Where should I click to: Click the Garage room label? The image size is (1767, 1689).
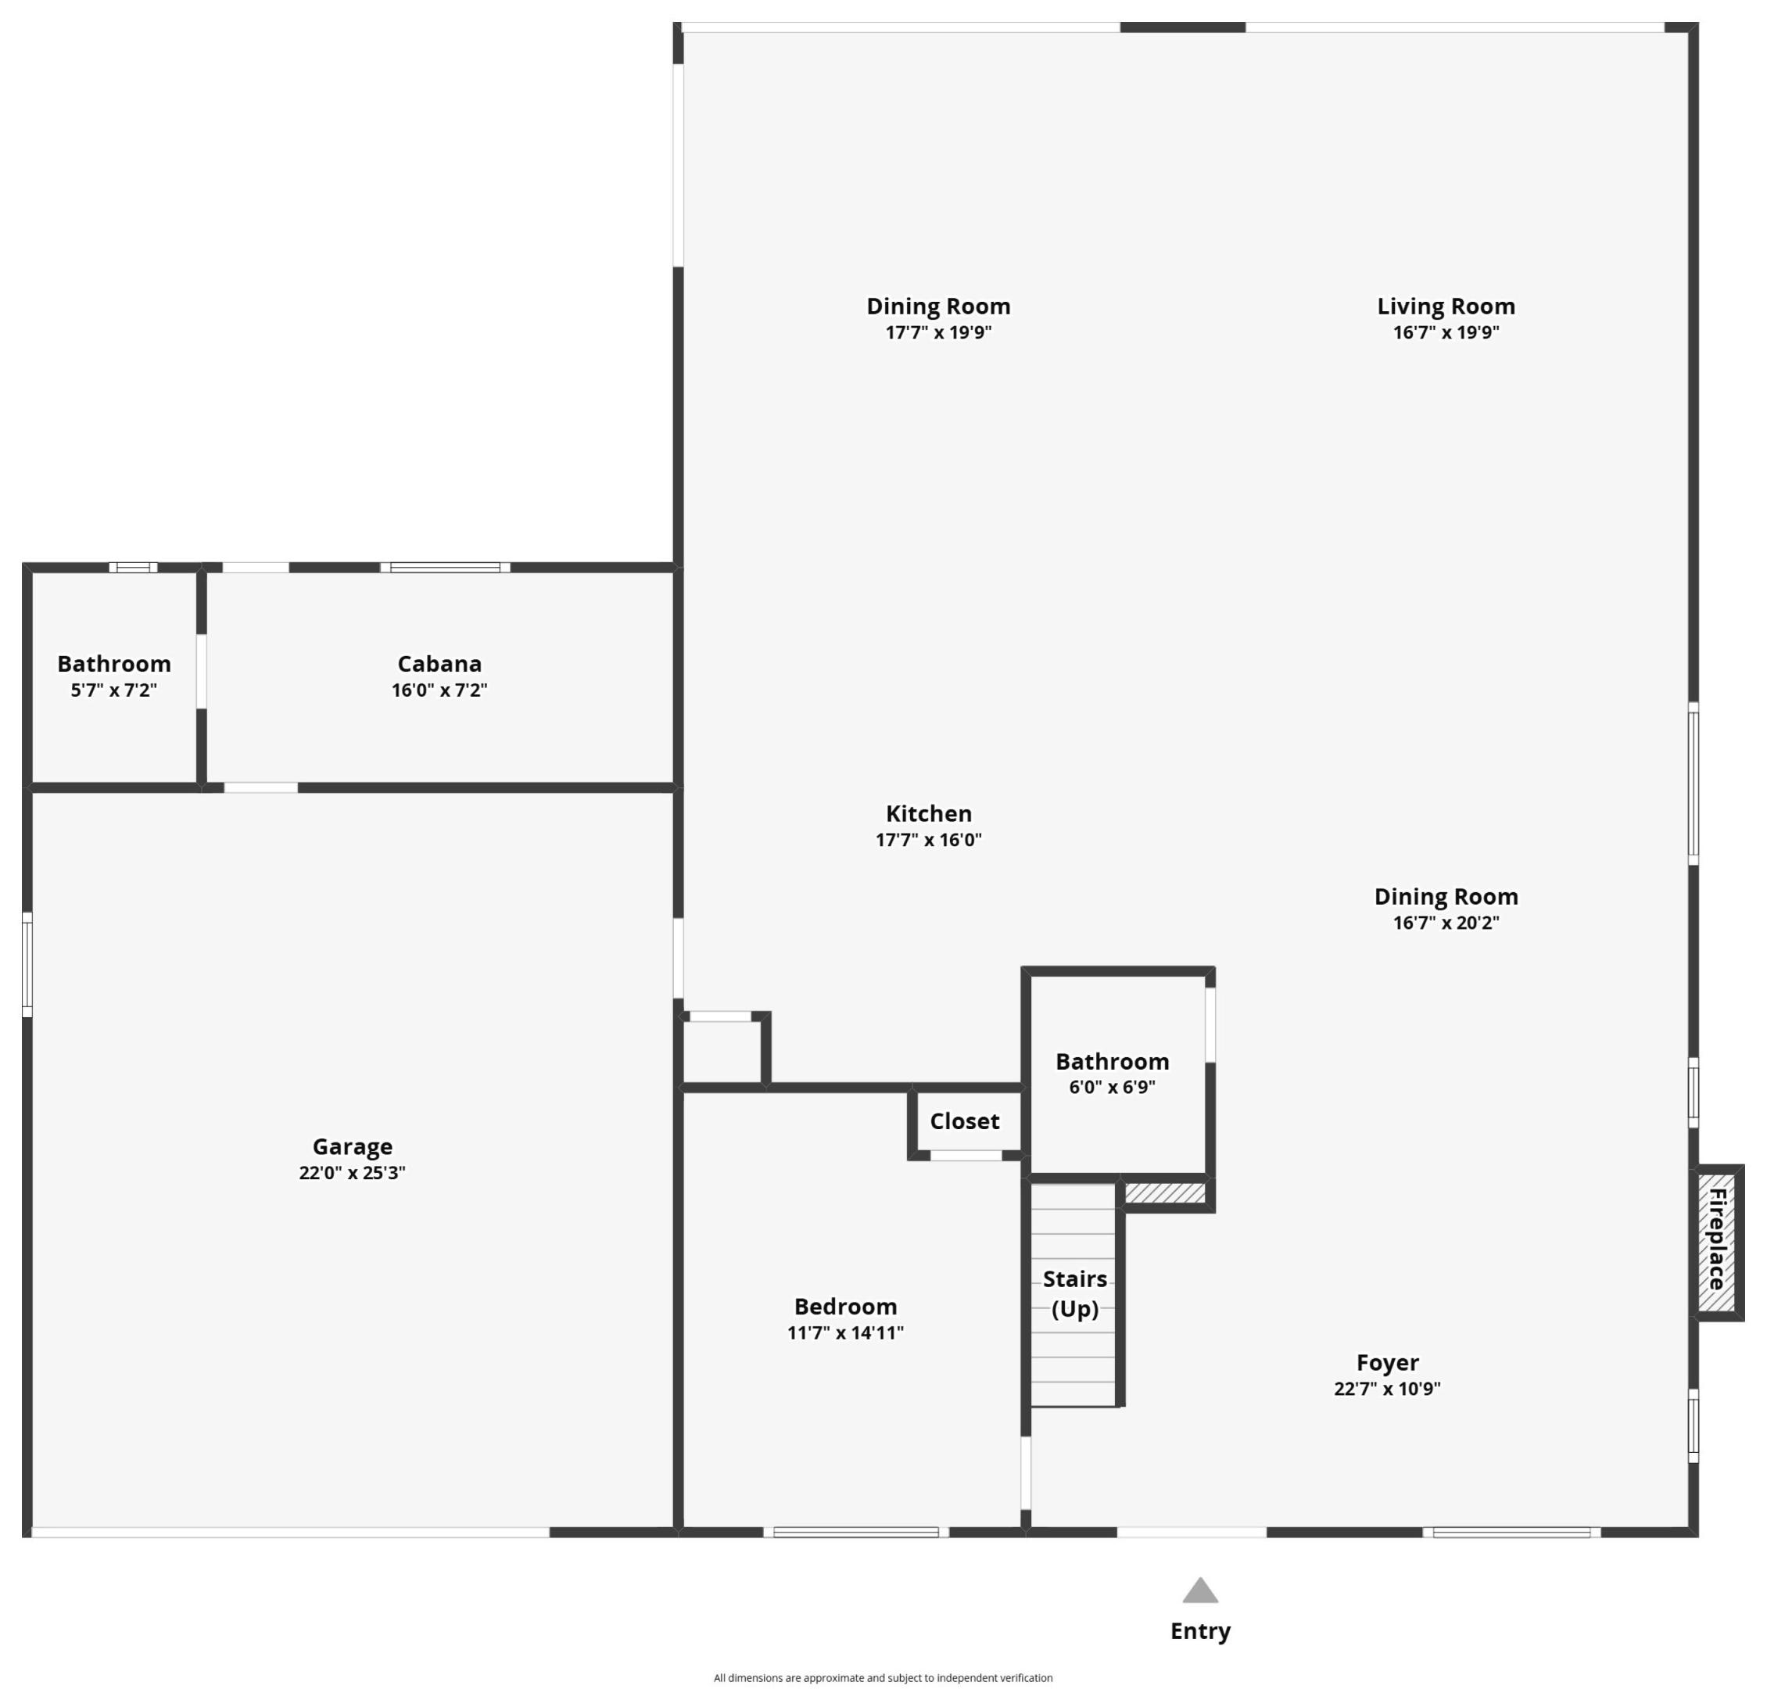click(352, 1146)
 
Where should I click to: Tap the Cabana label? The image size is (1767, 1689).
click(439, 664)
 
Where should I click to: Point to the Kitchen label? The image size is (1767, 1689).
click(928, 813)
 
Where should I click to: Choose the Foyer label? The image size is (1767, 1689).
click(1386, 1362)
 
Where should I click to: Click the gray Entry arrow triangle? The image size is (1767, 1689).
click(1199, 1592)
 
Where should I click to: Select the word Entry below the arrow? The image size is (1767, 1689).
click(1199, 1630)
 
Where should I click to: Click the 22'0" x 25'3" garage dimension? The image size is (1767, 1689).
click(352, 1172)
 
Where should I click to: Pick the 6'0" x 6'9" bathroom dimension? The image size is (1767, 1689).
click(1111, 1087)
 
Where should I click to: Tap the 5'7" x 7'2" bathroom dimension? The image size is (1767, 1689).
click(113, 690)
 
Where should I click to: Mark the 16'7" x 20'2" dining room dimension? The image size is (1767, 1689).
click(1445, 922)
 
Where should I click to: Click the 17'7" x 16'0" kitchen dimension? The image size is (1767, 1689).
click(928, 839)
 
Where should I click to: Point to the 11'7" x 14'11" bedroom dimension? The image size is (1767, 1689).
click(844, 1332)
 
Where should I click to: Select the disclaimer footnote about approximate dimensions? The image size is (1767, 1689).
click(882, 1677)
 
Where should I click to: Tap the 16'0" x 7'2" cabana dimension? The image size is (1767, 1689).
click(439, 690)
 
